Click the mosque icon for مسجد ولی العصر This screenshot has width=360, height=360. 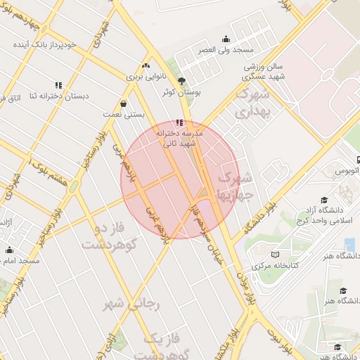click(226, 39)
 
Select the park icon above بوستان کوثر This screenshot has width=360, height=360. click(182, 81)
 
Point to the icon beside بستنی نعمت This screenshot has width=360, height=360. click(123, 103)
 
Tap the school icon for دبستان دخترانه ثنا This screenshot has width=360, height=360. click(58, 86)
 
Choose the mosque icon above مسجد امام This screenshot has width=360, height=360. click(9, 250)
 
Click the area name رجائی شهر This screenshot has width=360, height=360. click(133, 304)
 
